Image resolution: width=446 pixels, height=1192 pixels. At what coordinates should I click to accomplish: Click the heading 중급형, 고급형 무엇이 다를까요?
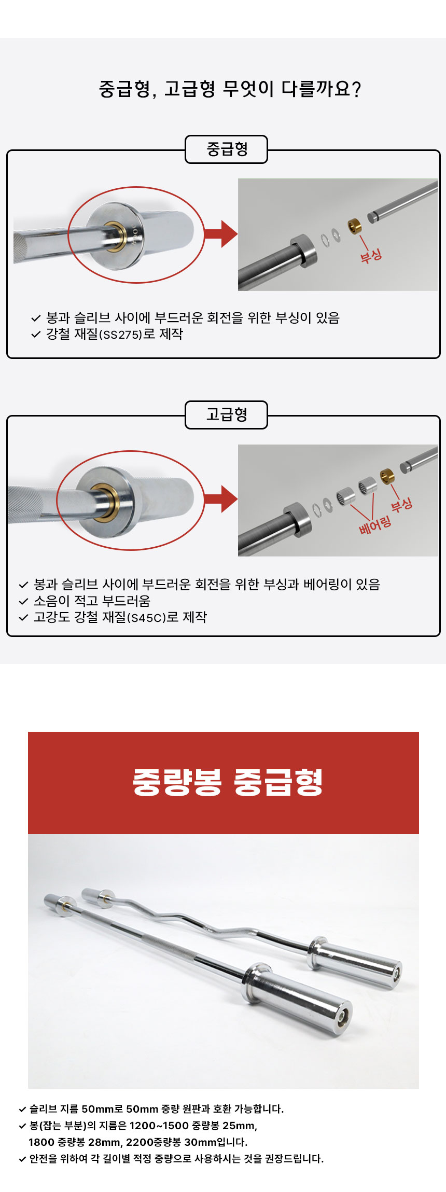[x=229, y=89]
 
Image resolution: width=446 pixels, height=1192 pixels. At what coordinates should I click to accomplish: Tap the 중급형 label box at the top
[x=226, y=149]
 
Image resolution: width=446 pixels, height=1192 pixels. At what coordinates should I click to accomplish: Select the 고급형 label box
[x=226, y=415]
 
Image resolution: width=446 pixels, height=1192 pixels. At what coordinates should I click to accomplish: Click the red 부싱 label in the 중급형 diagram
[x=371, y=255]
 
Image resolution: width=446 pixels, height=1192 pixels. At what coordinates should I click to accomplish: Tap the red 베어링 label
[x=374, y=525]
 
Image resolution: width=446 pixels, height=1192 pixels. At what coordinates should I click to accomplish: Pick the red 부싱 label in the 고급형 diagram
[x=401, y=504]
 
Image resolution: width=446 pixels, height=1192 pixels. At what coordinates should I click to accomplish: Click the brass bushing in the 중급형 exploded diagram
[x=355, y=226]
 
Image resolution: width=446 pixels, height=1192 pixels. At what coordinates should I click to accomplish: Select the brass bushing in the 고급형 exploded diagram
[x=387, y=475]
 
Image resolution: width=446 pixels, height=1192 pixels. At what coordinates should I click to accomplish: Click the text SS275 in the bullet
[x=121, y=335]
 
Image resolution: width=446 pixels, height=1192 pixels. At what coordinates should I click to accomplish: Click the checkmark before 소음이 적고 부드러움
[x=23, y=602]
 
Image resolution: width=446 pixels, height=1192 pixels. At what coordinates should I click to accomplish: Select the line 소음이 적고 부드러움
[x=92, y=601]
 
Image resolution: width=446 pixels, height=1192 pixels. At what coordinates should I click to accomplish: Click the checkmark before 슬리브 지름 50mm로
[x=22, y=1110]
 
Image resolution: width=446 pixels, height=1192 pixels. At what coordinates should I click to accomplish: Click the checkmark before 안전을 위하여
[x=22, y=1159]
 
